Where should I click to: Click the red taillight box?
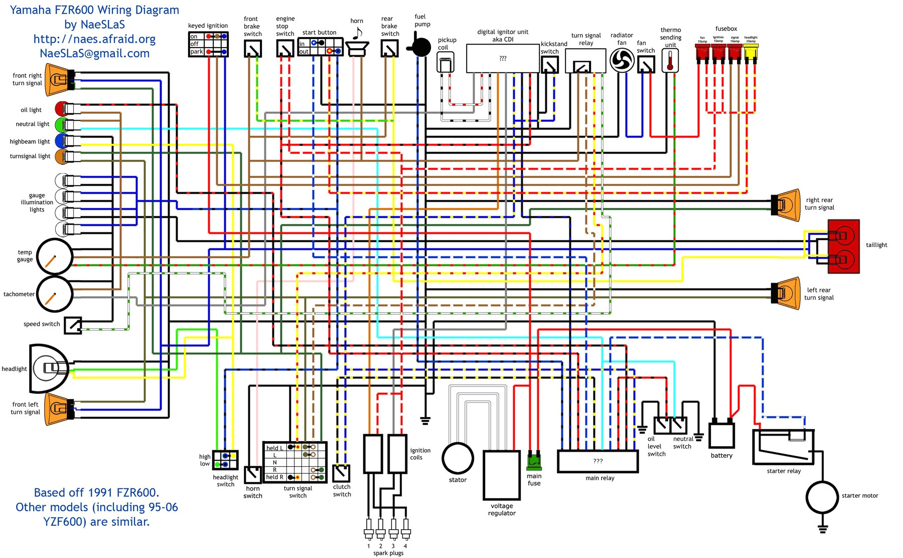coord(843,246)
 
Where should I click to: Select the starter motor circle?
coord(822,497)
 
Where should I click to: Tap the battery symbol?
coord(721,435)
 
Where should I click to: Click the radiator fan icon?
coord(622,61)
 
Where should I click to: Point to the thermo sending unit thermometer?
coord(670,61)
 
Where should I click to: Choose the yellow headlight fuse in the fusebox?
coord(750,52)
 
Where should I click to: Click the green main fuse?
coord(534,461)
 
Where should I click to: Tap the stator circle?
coord(458,458)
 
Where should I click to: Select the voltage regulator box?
coord(501,475)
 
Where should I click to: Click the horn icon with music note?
coord(357,45)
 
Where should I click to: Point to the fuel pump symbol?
coord(420,47)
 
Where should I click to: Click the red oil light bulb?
coord(61,109)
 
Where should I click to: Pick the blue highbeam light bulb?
coord(61,141)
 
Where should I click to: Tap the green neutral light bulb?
coord(61,124)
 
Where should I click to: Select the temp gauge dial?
coord(55,256)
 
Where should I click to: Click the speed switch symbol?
coord(73,325)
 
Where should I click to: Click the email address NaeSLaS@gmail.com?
coord(94,53)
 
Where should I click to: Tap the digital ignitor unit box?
coord(503,58)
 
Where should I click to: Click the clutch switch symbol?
coord(341,473)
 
